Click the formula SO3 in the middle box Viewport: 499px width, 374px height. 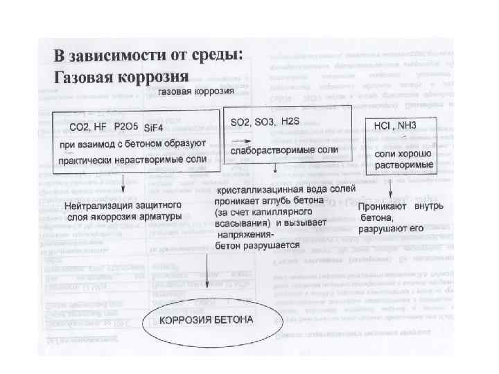pos(265,121)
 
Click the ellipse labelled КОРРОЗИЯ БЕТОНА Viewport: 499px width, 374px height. pos(209,321)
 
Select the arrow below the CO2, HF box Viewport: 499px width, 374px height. pos(122,184)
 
